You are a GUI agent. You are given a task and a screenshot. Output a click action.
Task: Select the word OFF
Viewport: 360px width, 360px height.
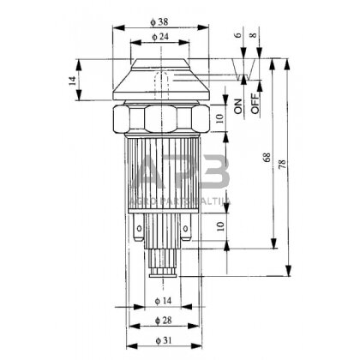255,106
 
